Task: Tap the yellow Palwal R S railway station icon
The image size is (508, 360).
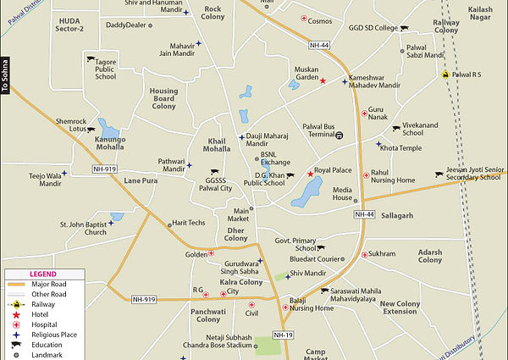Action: click(x=445, y=74)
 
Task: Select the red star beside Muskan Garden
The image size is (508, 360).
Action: click(x=323, y=80)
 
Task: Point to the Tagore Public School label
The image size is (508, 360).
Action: click(x=106, y=69)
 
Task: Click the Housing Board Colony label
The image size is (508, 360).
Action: click(x=163, y=98)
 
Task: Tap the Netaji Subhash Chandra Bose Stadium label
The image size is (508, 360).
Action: click(x=217, y=341)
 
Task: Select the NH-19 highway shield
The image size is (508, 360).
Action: click(x=284, y=335)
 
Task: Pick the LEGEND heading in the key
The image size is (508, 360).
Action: click(x=42, y=274)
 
